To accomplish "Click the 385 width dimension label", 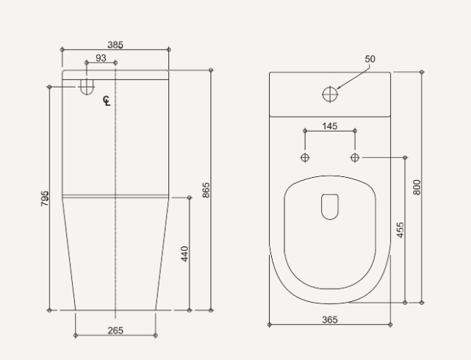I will [x=115, y=45].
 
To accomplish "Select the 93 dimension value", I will [x=101, y=58].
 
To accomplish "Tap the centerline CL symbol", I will [x=107, y=101].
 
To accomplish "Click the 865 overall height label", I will [x=206, y=190].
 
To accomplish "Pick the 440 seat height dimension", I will [x=185, y=253].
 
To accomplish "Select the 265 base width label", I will [x=115, y=330].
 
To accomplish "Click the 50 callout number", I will [x=370, y=59].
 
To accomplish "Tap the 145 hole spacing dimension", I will [x=329, y=126].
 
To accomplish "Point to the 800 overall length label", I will [x=417, y=187].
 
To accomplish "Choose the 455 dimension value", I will [x=400, y=230].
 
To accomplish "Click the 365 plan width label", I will [x=329, y=319].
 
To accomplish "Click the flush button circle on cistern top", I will [x=330, y=94].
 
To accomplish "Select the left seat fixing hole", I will [x=305, y=157].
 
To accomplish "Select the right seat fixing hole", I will [x=355, y=157].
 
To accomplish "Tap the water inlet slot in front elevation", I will [x=87, y=87].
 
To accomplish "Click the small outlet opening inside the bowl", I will [x=329, y=206].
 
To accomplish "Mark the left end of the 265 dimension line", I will [x=76, y=336].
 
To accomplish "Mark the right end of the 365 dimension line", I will [x=390, y=324].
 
